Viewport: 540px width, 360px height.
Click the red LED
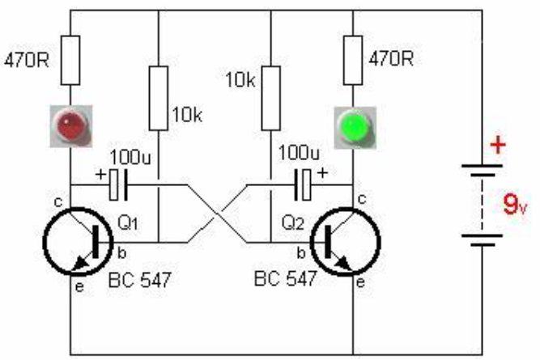pos(71,126)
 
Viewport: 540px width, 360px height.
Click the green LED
pos(355,128)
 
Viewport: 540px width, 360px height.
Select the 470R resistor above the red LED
pos(70,60)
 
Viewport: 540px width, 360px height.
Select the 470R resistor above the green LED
pos(353,60)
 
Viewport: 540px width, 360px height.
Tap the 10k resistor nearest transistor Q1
pos(159,99)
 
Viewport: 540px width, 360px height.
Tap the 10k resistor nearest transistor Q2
pos(271,99)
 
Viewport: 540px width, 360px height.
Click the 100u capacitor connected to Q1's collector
pos(118,184)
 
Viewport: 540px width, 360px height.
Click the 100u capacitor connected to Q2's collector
pos(303,184)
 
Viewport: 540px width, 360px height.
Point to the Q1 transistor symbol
pos(79,241)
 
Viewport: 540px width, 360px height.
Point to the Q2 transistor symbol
pos(346,241)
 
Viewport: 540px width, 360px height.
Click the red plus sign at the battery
pos(498,145)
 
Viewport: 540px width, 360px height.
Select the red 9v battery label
pos(515,205)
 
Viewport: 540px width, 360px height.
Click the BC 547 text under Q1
pos(139,280)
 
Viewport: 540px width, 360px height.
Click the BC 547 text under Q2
pos(285,278)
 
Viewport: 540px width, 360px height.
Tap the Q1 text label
pos(128,223)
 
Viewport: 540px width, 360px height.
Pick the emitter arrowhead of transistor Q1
pos(81,263)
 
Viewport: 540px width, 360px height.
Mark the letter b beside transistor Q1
pos(122,253)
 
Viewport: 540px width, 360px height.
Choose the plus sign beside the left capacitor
pos(100,175)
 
